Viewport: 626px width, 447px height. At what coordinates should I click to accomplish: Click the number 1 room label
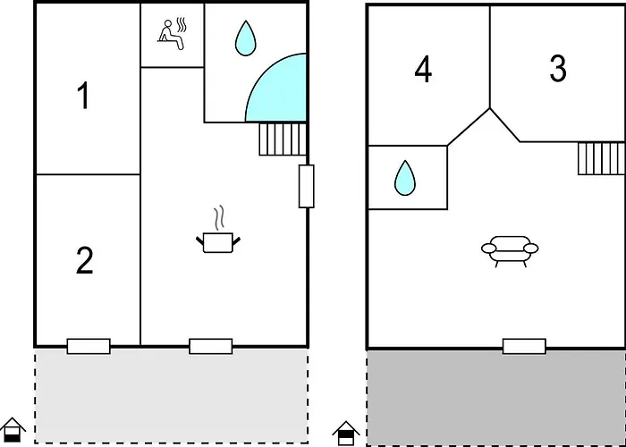83,96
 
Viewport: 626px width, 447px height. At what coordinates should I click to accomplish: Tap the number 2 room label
84,260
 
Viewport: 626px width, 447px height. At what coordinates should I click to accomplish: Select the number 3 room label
557,68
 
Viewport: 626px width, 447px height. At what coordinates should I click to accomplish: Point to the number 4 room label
423,71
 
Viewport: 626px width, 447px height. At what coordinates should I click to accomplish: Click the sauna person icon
172,34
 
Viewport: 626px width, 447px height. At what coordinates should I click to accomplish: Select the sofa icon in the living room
510,251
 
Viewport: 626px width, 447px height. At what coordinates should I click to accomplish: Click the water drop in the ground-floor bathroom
245,38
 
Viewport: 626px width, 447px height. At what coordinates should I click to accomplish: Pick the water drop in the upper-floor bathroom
405,178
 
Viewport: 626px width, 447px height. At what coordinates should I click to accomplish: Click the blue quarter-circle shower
276,88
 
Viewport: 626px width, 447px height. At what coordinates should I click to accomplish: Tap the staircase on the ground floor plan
283,139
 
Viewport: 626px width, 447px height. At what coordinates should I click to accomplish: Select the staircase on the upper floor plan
601,158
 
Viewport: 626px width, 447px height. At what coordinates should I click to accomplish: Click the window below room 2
89,347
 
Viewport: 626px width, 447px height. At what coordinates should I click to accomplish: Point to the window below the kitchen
211,347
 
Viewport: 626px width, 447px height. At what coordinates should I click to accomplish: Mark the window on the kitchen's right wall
306,186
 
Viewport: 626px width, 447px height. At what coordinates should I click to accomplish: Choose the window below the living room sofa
524,347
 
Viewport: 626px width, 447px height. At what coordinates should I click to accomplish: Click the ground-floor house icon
13,429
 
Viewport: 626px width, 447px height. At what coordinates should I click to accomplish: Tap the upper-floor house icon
346,434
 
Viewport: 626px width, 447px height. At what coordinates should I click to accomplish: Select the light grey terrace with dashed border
172,395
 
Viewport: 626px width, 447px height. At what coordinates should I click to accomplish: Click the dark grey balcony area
496,398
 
